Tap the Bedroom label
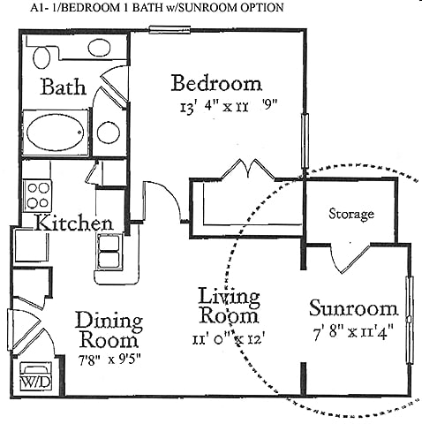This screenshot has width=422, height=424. coord(216,84)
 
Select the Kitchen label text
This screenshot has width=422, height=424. coord(73,223)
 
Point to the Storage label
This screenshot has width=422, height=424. coord(351,214)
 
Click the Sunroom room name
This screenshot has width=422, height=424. coord(353,308)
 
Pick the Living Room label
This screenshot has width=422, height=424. coord(228,305)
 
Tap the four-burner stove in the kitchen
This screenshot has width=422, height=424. coord(38,193)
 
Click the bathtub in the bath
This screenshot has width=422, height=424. coord(57,132)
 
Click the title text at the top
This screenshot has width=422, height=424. coord(142,7)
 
